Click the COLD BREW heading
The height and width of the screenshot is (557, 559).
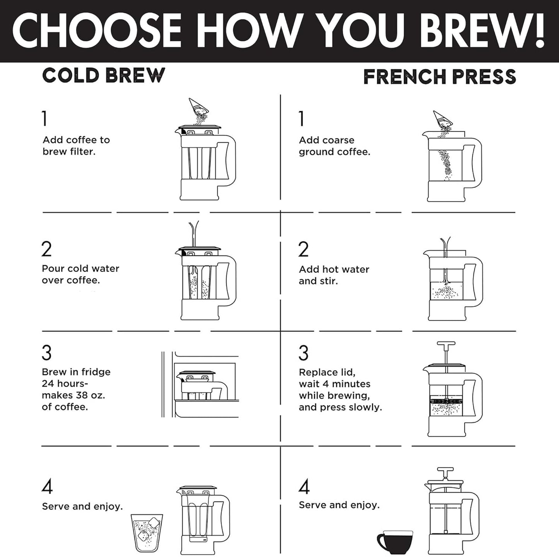pos(103,75)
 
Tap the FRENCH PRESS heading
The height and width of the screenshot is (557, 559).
pos(440,77)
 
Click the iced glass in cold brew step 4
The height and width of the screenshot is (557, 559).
pos(147,533)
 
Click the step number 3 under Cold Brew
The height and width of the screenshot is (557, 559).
pos(46,353)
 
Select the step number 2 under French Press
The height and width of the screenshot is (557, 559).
pos(304,249)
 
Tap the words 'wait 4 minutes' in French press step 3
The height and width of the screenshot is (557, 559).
pos(334,384)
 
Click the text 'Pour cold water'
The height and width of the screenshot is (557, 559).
pos(80,269)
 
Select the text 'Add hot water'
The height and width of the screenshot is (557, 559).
pos(334,269)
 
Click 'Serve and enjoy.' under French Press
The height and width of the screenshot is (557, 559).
pos(339,505)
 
